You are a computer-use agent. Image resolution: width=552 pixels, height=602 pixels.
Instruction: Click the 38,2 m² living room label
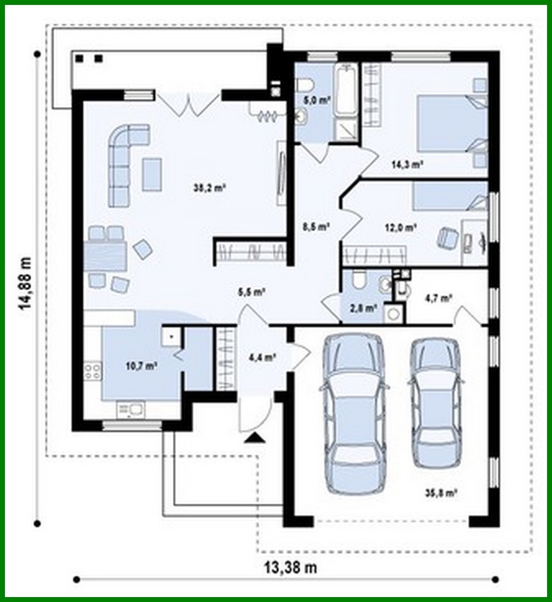(x=218, y=188)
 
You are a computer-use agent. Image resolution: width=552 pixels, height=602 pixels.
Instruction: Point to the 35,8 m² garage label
(x=444, y=493)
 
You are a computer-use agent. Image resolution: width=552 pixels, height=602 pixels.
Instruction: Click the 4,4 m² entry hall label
(x=262, y=357)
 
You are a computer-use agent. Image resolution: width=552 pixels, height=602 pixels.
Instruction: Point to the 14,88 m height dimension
(x=25, y=283)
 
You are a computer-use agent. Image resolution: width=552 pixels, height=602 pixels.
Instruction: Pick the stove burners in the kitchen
(x=92, y=372)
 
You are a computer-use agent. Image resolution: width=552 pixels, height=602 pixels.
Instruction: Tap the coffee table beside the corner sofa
(x=152, y=174)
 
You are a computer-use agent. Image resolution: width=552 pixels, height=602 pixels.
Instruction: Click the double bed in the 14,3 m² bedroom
(x=451, y=123)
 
